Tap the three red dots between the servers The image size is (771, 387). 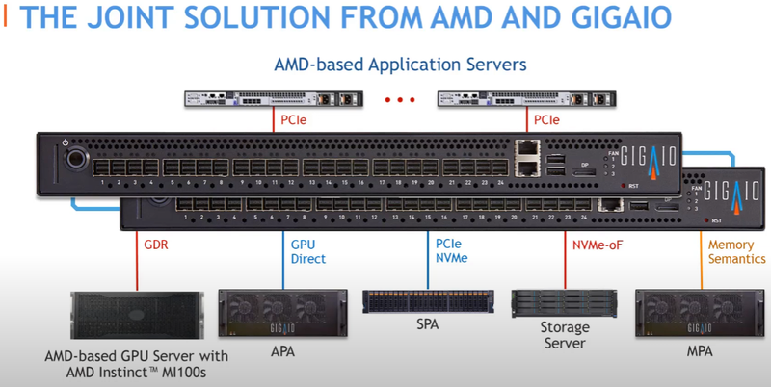pos(399,99)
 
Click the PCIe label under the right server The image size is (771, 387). pos(545,120)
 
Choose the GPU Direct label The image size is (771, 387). pos(308,251)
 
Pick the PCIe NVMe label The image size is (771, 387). pos(451,251)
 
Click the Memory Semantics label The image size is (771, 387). pos(737,251)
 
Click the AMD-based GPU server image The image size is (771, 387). pos(137,316)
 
